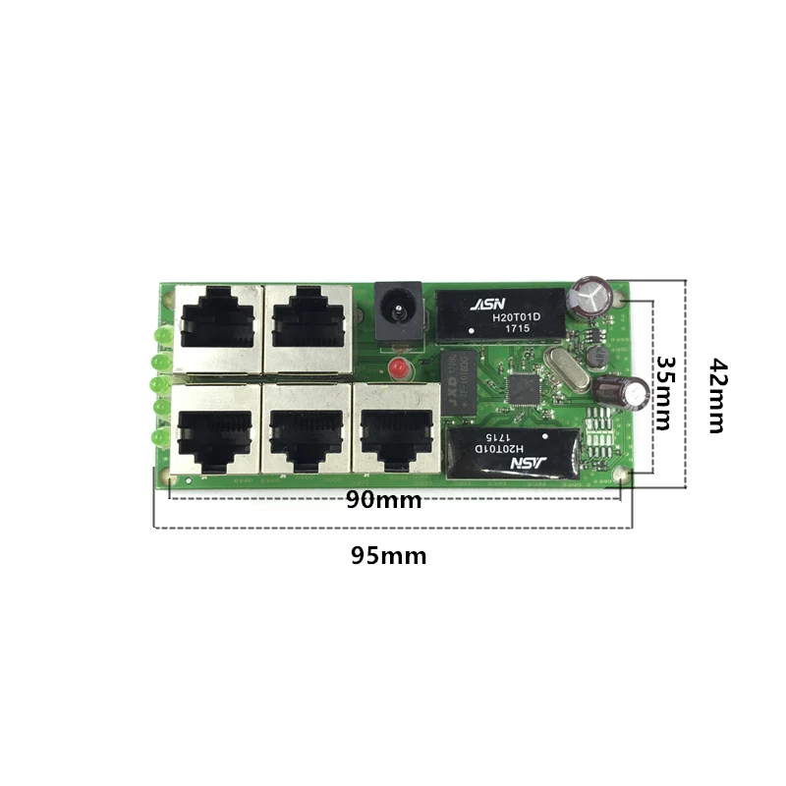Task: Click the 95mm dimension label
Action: pyautogui.click(x=389, y=556)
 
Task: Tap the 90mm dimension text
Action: pyautogui.click(x=383, y=501)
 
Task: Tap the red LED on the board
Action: pyautogui.click(x=398, y=370)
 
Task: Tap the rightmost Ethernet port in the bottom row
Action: pyautogui.click(x=393, y=429)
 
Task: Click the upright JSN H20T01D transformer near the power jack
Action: pyautogui.click(x=499, y=313)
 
